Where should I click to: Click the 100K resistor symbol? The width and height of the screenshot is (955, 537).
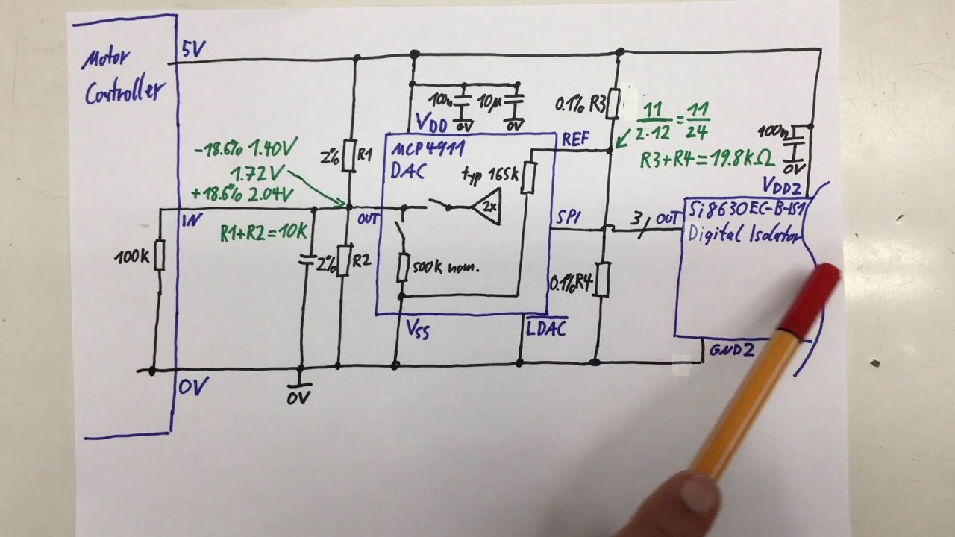point(158,256)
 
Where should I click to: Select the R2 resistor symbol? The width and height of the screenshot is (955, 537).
point(342,260)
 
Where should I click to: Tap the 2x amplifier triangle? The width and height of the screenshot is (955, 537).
point(487,207)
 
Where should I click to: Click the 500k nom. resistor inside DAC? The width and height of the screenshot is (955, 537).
point(402,267)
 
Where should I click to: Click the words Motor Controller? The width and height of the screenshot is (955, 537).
point(119,78)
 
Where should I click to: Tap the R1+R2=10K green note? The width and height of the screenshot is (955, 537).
point(263,233)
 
